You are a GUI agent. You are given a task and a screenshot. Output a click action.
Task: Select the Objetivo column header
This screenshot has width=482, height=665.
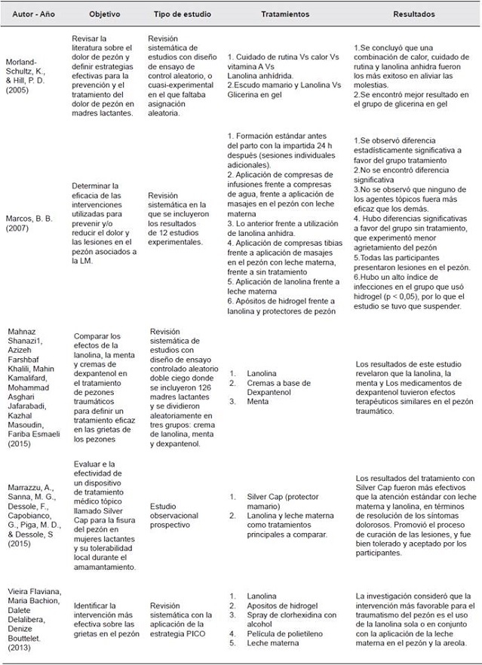click(104, 14)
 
